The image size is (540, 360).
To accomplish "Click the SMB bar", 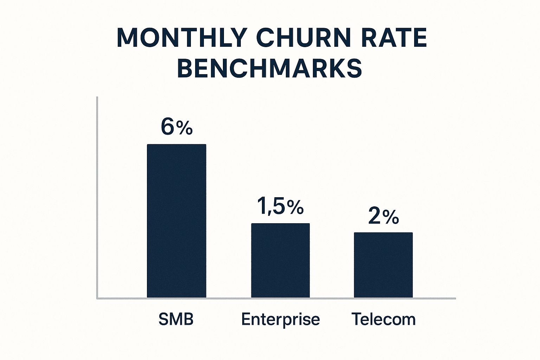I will (x=176, y=221).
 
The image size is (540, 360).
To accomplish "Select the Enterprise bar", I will (x=280, y=261).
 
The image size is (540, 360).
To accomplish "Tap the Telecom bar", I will (x=383, y=265).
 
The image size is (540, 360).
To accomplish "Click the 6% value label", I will (x=176, y=127).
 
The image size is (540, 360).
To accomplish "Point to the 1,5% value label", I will (x=280, y=206).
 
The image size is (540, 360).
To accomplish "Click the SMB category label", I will (x=176, y=319).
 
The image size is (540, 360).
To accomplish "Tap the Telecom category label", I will (x=384, y=319).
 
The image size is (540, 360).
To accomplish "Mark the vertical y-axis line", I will (x=97, y=197).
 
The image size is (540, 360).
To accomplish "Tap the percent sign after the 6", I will (x=185, y=129).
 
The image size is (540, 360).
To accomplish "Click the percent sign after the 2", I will (x=391, y=218).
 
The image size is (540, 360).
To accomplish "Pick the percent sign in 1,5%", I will (x=295, y=207).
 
